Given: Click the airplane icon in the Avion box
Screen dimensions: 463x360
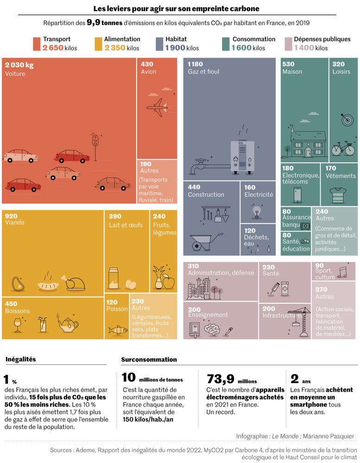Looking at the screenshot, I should click(156, 107).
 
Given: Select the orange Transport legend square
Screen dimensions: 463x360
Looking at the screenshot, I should click(37, 44).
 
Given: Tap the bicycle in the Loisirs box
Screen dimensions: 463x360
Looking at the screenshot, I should click(343, 148).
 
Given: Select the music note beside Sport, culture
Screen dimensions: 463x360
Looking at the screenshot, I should click(342, 272).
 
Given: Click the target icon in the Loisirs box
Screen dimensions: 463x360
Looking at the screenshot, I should click(347, 119).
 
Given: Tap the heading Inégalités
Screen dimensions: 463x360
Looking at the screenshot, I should click(20, 359).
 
